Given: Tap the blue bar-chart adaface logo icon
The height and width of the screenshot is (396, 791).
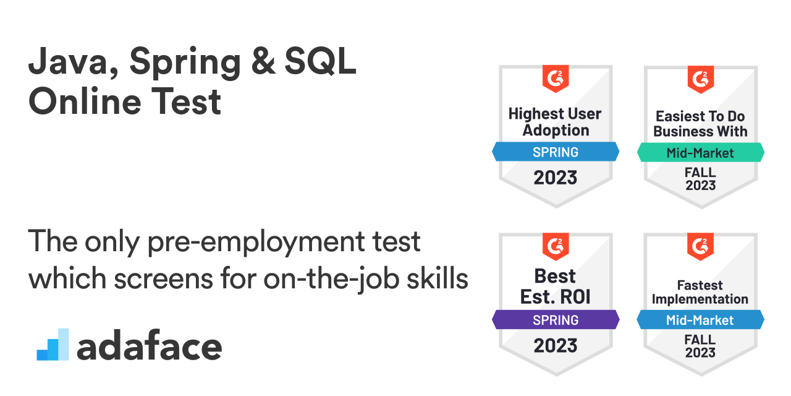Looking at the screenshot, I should click(x=53, y=345).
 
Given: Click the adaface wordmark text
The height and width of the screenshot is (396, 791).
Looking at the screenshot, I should click(x=149, y=347).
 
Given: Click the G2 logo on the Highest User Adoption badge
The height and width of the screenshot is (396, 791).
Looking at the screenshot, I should click(x=556, y=78).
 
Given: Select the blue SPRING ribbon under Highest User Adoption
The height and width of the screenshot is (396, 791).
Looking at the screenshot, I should click(x=556, y=152).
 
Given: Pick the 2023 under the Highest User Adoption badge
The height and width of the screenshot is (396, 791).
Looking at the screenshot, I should click(x=556, y=178).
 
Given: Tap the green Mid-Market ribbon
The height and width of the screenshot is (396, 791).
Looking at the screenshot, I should click(x=700, y=152).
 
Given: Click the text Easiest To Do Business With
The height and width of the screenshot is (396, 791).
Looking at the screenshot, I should click(x=700, y=124).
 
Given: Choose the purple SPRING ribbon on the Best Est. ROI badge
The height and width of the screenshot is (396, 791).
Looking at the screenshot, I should click(x=556, y=320).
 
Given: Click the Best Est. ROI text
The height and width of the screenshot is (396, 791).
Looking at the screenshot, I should click(x=556, y=286).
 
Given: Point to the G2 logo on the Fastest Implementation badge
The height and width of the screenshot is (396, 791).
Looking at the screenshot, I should click(x=700, y=246).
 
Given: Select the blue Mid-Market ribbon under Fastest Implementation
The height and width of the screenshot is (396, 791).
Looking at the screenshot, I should click(x=700, y=320).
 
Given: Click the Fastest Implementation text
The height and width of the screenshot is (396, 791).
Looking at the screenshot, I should click(x=700, y=292).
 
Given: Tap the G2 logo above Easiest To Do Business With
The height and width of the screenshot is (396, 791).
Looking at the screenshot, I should click(x=700, y=79).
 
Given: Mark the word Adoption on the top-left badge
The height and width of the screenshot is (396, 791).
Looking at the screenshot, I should click(x=556, y=131).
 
